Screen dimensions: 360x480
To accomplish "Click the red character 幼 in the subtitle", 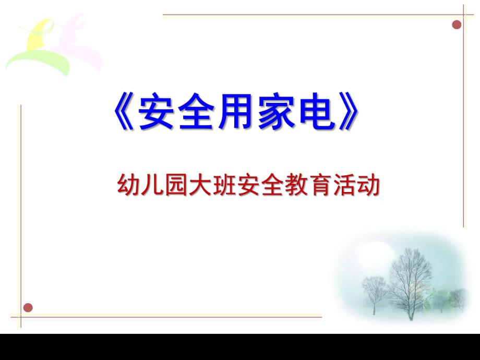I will pyautogui.click(x=127, y=186).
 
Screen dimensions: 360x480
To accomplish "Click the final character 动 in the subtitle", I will pyautogui.click(x=367, y=186).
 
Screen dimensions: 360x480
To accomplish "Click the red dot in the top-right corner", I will pyautogui.click(x=457, y=25).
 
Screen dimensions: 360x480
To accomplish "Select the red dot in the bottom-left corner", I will pyautogui.click(x=28, y=307).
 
